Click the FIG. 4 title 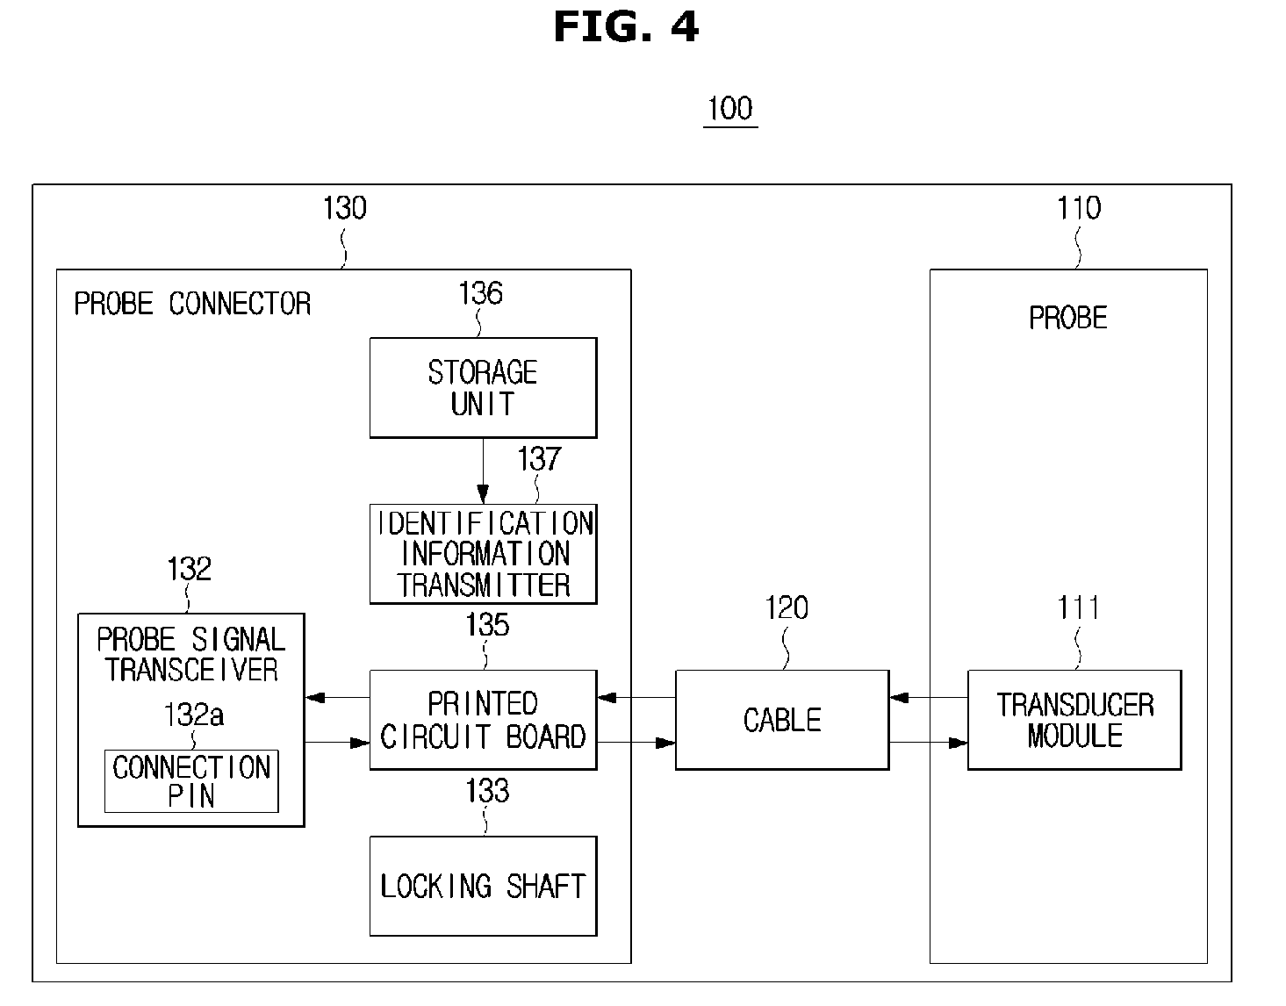[626, 27]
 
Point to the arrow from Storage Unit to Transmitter [483, 471]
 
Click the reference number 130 [344, 208]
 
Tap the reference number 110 [1079, 208]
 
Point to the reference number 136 [480, 293]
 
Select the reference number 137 [539, 458]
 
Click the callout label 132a [193, 715]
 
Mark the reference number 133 [487, 791]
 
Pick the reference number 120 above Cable [787, 607]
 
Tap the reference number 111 [1078, 607]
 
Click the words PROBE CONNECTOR [192, 304]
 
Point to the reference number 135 [487, 624]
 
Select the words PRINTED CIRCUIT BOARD [483, 720]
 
